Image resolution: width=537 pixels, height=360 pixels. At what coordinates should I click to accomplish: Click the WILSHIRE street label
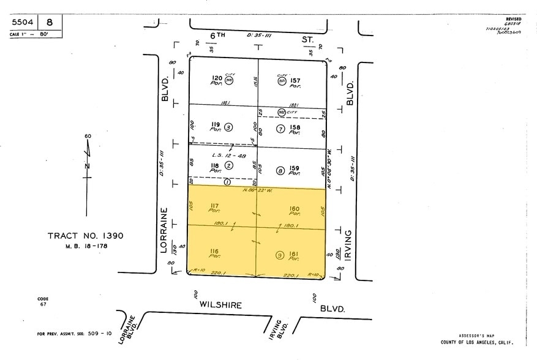[x=220, y=304]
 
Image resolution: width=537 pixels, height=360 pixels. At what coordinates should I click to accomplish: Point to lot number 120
[x=216, y=78]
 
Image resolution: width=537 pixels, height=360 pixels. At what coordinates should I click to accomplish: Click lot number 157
[x=295, y=80]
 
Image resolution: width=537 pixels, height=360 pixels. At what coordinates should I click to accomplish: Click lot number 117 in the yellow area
[x=215, y=205]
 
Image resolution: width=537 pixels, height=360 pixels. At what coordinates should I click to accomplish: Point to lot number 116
[x=215, y=250]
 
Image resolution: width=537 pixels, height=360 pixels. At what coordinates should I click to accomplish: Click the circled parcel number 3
[x=228, y=127]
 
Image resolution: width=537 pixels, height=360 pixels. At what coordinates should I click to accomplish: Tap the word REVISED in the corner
[x=513, y=20]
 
